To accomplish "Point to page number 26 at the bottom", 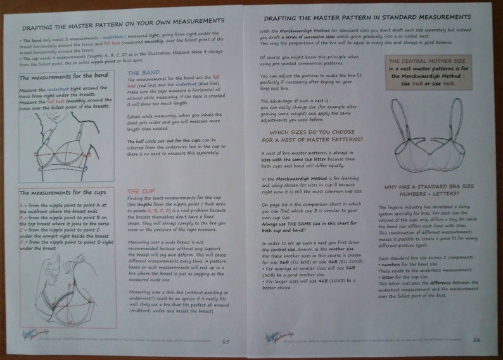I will (476, 340).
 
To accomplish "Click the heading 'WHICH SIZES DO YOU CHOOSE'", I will (313, 131).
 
